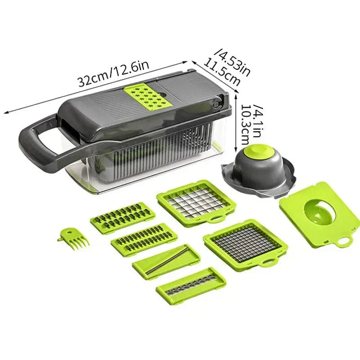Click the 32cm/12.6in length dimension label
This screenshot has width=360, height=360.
pyautogui.click(x=113, y=73)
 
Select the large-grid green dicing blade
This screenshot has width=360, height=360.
pyautogui.click(x=196, y=201)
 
